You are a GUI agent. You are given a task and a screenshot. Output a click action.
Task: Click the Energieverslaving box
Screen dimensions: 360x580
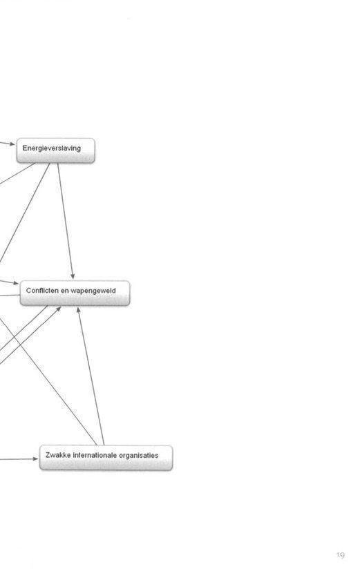(x=55, y=151)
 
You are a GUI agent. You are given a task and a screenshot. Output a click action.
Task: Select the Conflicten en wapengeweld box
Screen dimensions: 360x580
(x=75, y=293)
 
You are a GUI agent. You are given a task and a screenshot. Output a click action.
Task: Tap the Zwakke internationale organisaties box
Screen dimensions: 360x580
(x=106, y=458)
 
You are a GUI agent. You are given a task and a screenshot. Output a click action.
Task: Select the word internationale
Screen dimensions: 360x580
(x=95, y=455)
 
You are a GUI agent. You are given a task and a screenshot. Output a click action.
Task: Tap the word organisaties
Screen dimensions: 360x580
(x=139, y=455)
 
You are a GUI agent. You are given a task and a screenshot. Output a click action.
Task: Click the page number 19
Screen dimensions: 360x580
(x=341, y=555)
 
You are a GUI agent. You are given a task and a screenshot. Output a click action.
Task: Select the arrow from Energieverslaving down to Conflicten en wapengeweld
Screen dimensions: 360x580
(x=66, y=221)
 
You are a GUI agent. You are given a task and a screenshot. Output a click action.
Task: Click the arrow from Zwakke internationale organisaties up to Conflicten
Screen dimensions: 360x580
(x=91, y=376)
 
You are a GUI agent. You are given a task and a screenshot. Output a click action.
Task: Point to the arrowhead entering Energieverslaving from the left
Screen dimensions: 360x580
(x=12, y=144)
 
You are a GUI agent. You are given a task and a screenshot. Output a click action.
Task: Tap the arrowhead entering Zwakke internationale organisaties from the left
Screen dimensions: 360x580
(x=35, y=459)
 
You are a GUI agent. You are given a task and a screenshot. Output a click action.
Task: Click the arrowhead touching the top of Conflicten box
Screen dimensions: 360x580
(x=73, y=276)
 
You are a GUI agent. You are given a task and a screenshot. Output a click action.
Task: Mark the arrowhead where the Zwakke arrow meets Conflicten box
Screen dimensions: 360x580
(x=78, y=310)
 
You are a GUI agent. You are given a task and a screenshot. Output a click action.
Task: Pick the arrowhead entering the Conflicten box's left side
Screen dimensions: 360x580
(x=15, y=283)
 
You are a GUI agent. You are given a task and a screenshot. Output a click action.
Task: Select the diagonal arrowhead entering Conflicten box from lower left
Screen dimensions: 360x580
(x=59, y=309)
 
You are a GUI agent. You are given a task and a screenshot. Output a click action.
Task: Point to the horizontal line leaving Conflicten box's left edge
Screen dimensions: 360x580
(x=10, y=296)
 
